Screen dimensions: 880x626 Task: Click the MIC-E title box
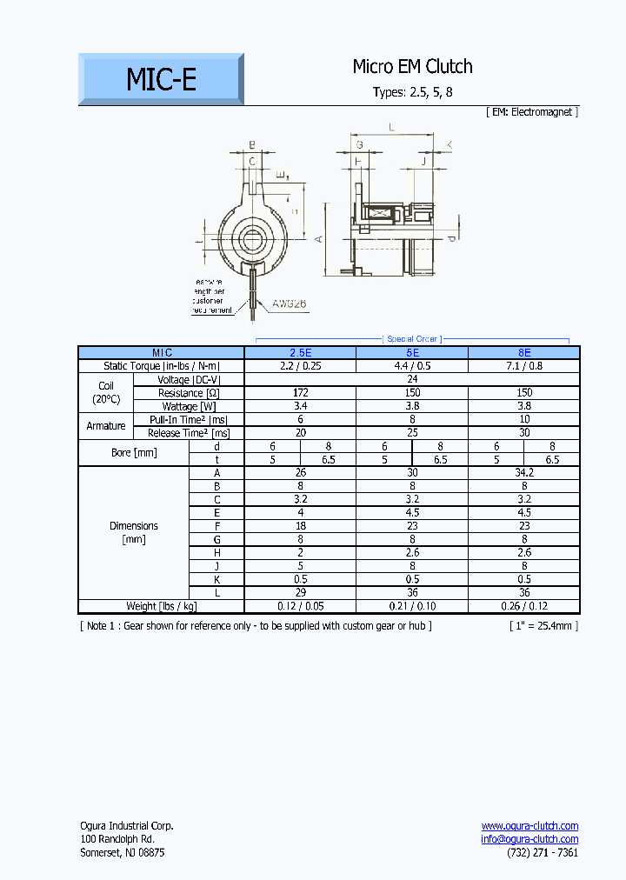click(161, 79)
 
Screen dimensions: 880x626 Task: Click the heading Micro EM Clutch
click(412, 66)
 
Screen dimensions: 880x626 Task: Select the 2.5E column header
click(300, 353)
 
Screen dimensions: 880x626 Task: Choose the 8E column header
click(523, 353)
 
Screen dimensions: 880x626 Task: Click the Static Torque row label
click(162, 366)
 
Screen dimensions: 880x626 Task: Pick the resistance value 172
click(300, 393)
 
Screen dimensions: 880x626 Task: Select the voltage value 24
click(412, 379)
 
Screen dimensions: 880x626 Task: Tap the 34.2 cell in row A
click(523, 472)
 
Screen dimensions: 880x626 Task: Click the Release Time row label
click(189, 432)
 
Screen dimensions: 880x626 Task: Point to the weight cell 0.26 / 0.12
click(523, 606)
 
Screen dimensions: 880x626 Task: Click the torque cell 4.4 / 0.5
click(412, 366)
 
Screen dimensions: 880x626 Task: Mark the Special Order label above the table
click(412, 338)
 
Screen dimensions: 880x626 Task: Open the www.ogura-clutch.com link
click(529, 825)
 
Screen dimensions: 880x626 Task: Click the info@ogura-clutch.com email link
click(529, 839)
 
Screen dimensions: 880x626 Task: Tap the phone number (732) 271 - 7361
click(543, 852)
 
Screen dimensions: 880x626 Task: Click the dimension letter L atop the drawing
click(392, 127)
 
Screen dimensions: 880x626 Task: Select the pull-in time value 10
click(523, 419)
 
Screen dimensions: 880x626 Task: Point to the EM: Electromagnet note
click(532, 111)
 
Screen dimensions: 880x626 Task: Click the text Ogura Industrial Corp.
click(126, 825)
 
